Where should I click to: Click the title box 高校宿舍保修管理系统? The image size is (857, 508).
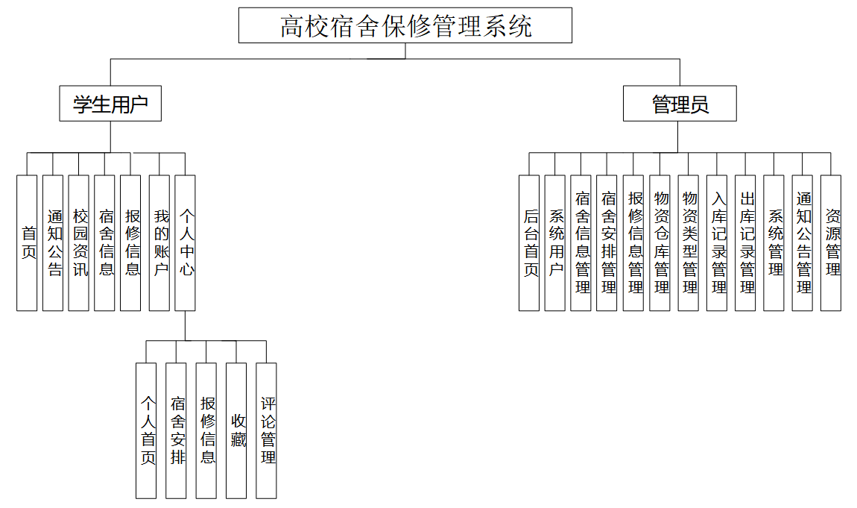(x=405, y=26)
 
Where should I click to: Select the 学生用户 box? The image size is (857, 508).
(x=110, y=104)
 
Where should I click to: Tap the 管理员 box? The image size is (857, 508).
(x=680, y=104)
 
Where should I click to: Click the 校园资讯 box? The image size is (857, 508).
(x=79, y=242)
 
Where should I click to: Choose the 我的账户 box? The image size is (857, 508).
(x=159, y=242)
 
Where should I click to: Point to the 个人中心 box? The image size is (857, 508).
(x=186, y=242)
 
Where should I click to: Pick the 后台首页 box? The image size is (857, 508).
(x=529, y=242)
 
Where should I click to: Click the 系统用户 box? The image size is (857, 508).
(x=555, y=242)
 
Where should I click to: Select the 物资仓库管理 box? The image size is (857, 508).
(x=660, y=242)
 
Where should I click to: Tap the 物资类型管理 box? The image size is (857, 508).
(x=689, y=242)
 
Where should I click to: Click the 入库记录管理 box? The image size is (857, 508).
(x=717, y=242)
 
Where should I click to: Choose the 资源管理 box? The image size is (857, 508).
(x=831, y=242)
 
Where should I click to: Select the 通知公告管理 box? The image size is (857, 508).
(x=803, y=242)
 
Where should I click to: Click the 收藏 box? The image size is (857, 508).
(x=236, y=430)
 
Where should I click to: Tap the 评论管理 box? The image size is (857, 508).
(x=266, y=430)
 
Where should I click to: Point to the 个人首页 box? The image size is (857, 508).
(x=146, y=430)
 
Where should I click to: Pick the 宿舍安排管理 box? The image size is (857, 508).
(x=607, y=242)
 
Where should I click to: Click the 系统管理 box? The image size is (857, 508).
(x=774, y=242)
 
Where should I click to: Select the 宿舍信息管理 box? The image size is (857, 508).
(x=581, y=242)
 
